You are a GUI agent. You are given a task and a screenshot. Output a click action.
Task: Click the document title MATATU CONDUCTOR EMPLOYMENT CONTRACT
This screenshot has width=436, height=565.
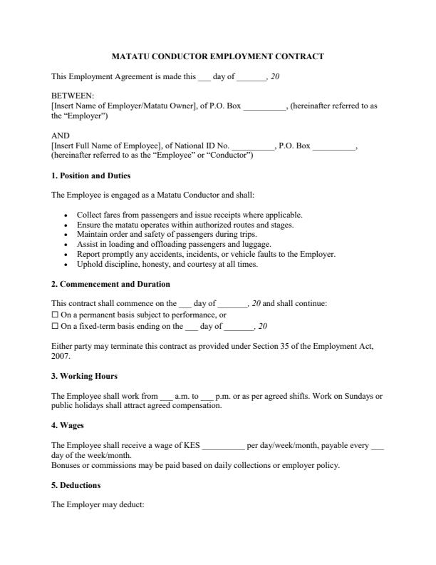218,56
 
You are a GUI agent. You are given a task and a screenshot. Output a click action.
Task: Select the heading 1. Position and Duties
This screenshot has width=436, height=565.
90,175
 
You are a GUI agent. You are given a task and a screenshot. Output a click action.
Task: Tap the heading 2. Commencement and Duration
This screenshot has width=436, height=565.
110,284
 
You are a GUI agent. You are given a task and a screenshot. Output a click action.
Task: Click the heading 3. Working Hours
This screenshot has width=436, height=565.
84,376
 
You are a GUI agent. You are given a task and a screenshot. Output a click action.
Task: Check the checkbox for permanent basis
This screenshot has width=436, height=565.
55,315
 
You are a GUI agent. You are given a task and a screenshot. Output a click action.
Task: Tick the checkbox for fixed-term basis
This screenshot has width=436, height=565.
55,326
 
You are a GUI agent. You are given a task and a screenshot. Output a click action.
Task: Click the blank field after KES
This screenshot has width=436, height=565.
223,446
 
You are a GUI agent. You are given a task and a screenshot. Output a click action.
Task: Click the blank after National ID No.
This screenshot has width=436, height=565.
253,146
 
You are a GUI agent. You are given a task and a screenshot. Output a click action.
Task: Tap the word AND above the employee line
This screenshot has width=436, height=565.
61,135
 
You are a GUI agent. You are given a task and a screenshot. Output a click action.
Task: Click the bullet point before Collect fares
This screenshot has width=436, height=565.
66,215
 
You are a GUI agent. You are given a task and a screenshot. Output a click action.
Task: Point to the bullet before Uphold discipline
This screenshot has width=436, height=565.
66,265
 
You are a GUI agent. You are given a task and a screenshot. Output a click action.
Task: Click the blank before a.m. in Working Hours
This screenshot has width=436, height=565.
166,396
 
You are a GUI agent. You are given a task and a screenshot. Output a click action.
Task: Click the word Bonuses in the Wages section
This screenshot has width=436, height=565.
67,466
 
